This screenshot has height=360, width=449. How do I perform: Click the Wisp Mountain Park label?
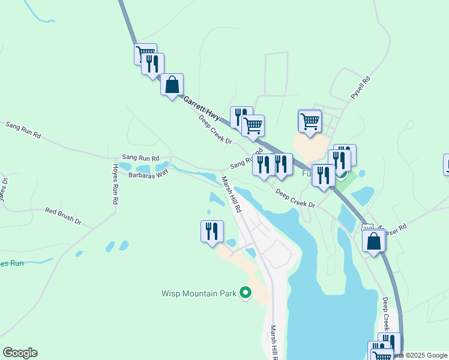coord(199,294)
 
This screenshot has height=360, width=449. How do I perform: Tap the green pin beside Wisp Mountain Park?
coord(245,293)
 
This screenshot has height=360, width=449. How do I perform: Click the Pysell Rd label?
coord(361,88)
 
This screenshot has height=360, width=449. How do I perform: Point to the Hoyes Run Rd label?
coord(115,184)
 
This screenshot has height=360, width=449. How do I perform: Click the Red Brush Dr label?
coord(63,216)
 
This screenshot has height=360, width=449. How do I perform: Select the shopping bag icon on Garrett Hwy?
coord(172,85)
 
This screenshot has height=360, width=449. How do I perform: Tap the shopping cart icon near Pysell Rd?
coord(310,121)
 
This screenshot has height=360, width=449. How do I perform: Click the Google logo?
coord(20,353)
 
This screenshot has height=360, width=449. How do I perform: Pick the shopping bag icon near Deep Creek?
coord(373,241)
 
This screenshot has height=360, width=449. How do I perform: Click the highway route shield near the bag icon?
coord(367,227)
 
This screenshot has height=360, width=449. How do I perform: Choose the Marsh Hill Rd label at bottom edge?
coord(273,343)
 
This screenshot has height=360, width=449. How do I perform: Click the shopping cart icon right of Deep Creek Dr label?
coord(253,125)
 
